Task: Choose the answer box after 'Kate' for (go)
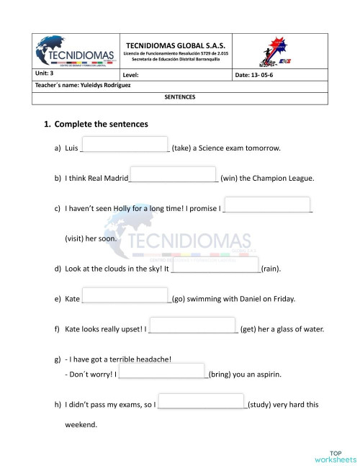pos(126,297)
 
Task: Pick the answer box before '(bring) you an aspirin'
pos(163,372)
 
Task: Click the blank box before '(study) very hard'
pos(201,402)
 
